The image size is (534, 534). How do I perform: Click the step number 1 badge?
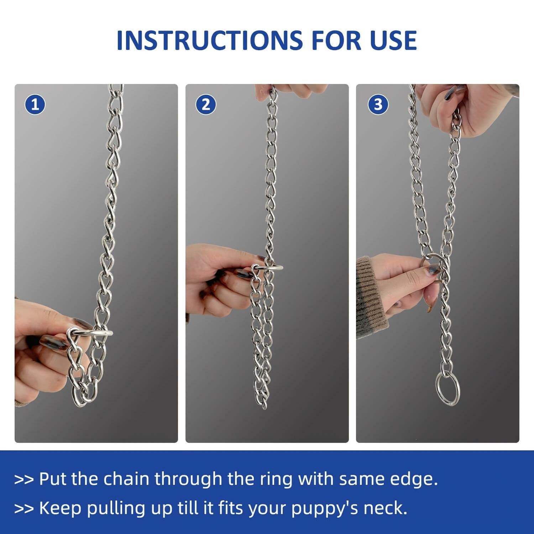click(35, 105)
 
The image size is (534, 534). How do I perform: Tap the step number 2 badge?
click(206, 105)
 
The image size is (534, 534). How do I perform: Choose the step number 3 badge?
click(378, 105)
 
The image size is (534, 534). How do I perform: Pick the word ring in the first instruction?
click(276, 479)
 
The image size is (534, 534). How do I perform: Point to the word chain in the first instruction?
click(126, 479)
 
